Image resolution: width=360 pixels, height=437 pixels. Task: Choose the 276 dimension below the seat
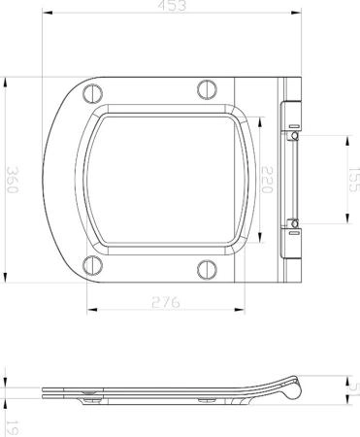point(171,303)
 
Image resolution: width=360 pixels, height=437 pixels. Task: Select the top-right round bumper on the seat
point(207,88)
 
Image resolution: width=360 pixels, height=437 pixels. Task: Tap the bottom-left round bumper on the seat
point(94,263)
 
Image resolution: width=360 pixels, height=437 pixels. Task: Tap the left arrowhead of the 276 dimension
point(89,311)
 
